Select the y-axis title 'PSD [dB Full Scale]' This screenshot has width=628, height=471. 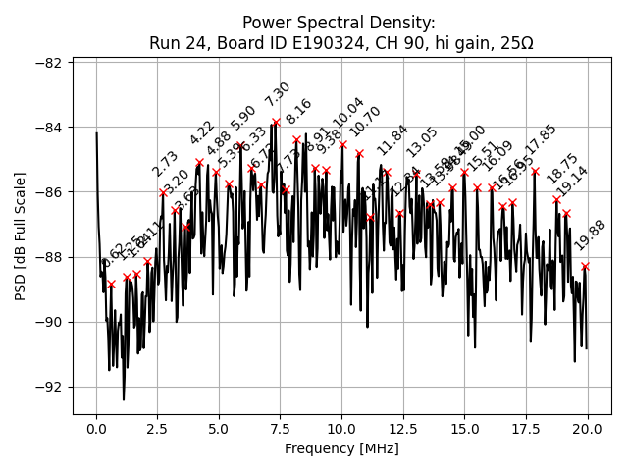[x=21, y=235]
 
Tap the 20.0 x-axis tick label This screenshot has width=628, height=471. [x=588, y=429]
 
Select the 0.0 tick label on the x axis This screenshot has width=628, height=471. [x=96, y=429]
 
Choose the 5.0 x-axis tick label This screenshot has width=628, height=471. [x=219, y=429]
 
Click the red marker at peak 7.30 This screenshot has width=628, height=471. [x=276, y=122]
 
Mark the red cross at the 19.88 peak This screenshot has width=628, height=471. [x=585, y=266]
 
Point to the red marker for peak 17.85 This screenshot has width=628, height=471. [x=535, y=171]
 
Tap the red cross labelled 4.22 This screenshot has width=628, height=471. [x=200, y=162]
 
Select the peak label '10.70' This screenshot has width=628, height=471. [x=365, y=122]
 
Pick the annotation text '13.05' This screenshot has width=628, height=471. [x=422, y=142]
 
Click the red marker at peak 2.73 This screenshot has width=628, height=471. [x=163, y=192]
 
